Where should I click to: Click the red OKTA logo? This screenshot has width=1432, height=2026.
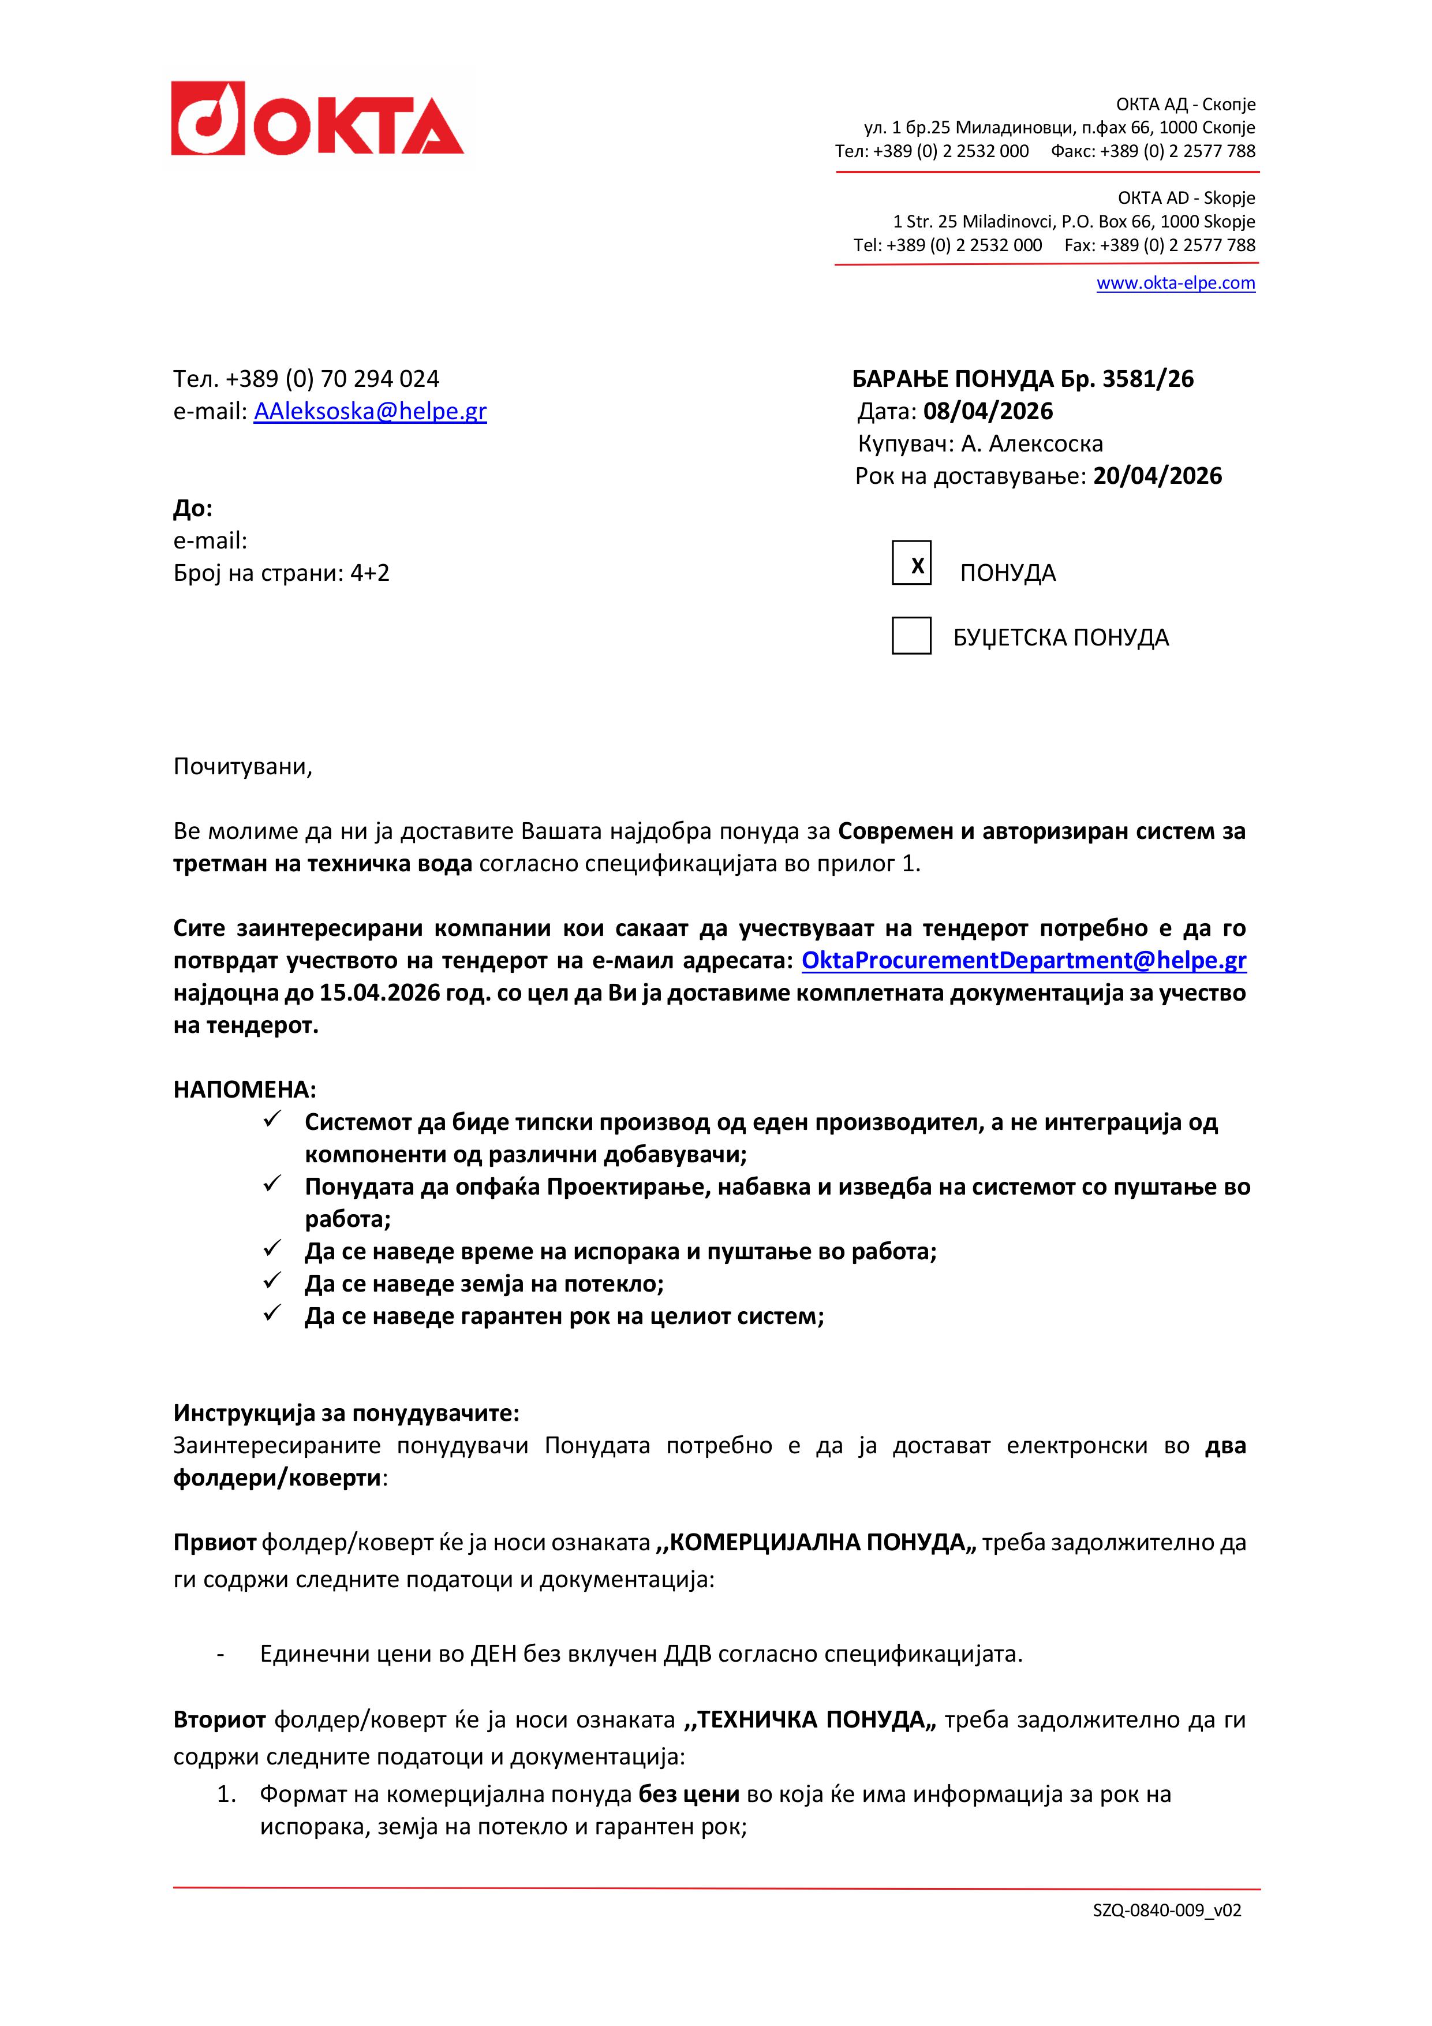tap(317, 118)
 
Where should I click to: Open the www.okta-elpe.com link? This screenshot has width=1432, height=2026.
tap(1175, 283)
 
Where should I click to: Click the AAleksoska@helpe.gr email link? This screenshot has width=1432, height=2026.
tap(370, 411)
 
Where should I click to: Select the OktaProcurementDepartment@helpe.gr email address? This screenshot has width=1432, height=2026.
tap(1023, 960)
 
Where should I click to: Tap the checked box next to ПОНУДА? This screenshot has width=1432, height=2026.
tap(911, 563)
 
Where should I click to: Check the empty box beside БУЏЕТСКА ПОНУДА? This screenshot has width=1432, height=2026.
tap(911, 636)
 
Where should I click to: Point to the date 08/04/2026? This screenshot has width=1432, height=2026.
tap(988, 411)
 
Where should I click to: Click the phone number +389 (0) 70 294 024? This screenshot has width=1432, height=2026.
tap(332, 379)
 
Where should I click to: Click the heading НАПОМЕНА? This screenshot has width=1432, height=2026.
tap(244, 1089)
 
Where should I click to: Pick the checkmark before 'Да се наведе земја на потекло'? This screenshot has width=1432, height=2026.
tap(272, 1281)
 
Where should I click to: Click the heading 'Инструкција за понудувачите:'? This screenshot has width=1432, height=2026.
tap(346, 1413)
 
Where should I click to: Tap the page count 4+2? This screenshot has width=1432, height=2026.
tap(370, 573)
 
